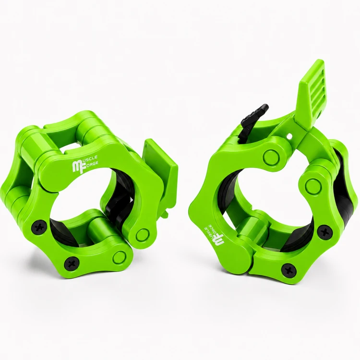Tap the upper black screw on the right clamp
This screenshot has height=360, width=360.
(x=325, y=233)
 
